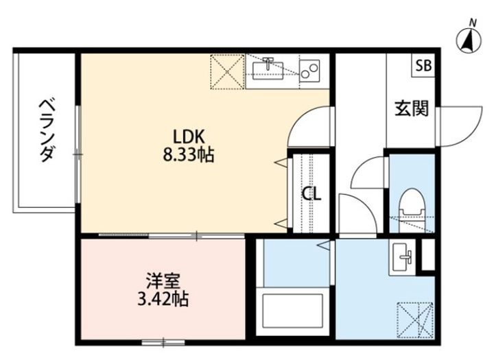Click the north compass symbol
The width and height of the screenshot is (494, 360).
point(469,40)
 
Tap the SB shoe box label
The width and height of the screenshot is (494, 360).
point(423,66)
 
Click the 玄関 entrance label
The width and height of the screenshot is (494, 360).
point(412,108)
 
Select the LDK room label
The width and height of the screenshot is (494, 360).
point(189,136)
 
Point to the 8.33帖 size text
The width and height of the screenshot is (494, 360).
point(189,155)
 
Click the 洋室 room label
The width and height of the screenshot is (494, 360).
point(163,281)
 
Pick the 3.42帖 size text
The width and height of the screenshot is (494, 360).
point(163,300)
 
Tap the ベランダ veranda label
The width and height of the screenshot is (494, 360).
point(47,130)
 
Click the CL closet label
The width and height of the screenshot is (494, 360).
point(311,193)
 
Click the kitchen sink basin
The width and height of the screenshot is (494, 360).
point(268,70)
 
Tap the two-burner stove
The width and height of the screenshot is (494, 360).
point(309,71)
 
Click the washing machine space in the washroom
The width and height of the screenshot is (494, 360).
point(415,320)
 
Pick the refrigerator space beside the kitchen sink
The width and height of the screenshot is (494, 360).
point(227,72)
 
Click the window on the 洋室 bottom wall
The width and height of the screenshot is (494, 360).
point(163,342)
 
